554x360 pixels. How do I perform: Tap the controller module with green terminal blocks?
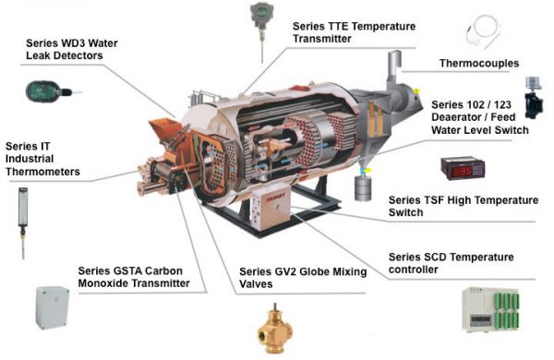[x=500, y=309]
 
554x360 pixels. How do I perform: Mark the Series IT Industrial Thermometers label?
[x=42, y=159]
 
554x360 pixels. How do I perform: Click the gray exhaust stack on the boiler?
[x=387, y=69]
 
